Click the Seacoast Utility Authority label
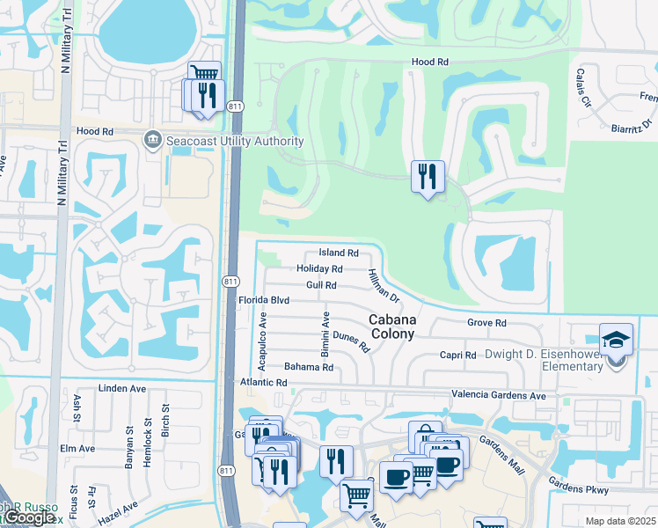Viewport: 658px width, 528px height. (234, 141)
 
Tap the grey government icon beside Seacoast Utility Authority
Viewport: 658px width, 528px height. (153, 141)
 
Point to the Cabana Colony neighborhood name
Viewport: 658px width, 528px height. (392, 326)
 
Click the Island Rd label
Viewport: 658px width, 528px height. (338, 253)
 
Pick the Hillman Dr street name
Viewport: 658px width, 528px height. (384, 287)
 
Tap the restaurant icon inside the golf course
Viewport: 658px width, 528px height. (428, 177)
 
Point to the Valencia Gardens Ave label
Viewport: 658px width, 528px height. (498, 396)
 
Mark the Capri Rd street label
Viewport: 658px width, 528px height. (457, 356)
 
